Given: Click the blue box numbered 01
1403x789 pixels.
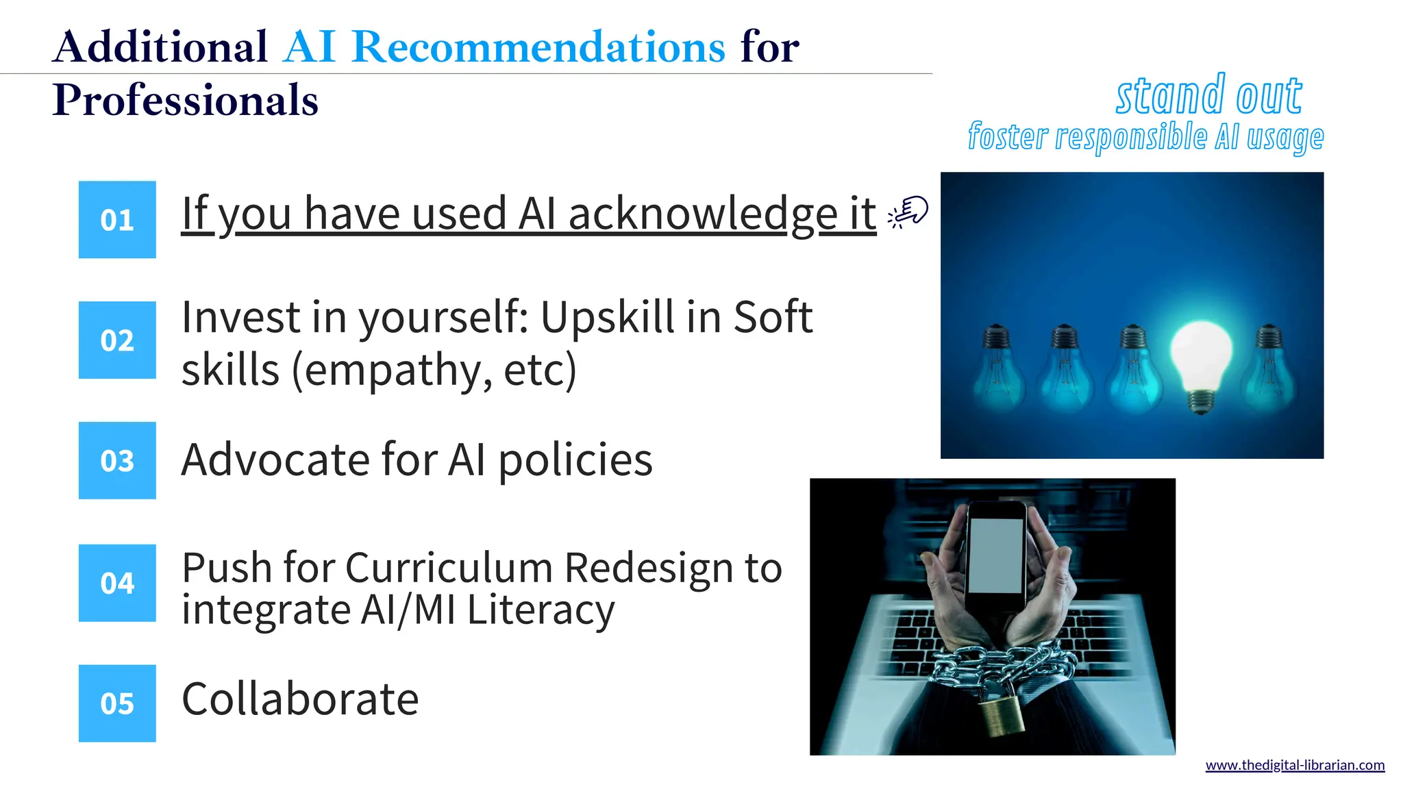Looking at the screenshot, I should tap(117, 220).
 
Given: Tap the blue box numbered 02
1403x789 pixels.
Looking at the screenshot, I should tap(117, 340).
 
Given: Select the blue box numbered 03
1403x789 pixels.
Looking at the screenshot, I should tap(117, 460).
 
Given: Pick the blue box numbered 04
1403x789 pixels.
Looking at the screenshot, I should tap(117, 583).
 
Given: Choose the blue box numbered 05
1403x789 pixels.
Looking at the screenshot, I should tap(117, 703).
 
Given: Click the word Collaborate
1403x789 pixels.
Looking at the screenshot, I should tap(300, 699).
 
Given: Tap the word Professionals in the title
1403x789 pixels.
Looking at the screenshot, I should tap(185, 100).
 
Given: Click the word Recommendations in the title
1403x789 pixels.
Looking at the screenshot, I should tap(538, 47).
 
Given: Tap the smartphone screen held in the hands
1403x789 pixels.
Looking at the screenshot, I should tap(997, 555).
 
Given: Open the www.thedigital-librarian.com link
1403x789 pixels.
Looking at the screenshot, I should tap(1295, 765).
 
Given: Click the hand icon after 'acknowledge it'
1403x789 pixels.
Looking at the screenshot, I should tap(908, 212).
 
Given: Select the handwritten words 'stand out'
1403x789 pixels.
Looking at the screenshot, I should tap(1209, 96).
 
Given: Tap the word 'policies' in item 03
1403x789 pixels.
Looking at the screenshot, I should tap(575, 460).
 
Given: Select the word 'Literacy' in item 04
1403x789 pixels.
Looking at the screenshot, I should tap(541, 610).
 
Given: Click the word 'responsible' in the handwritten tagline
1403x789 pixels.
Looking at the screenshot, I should tap(1131, 137).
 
